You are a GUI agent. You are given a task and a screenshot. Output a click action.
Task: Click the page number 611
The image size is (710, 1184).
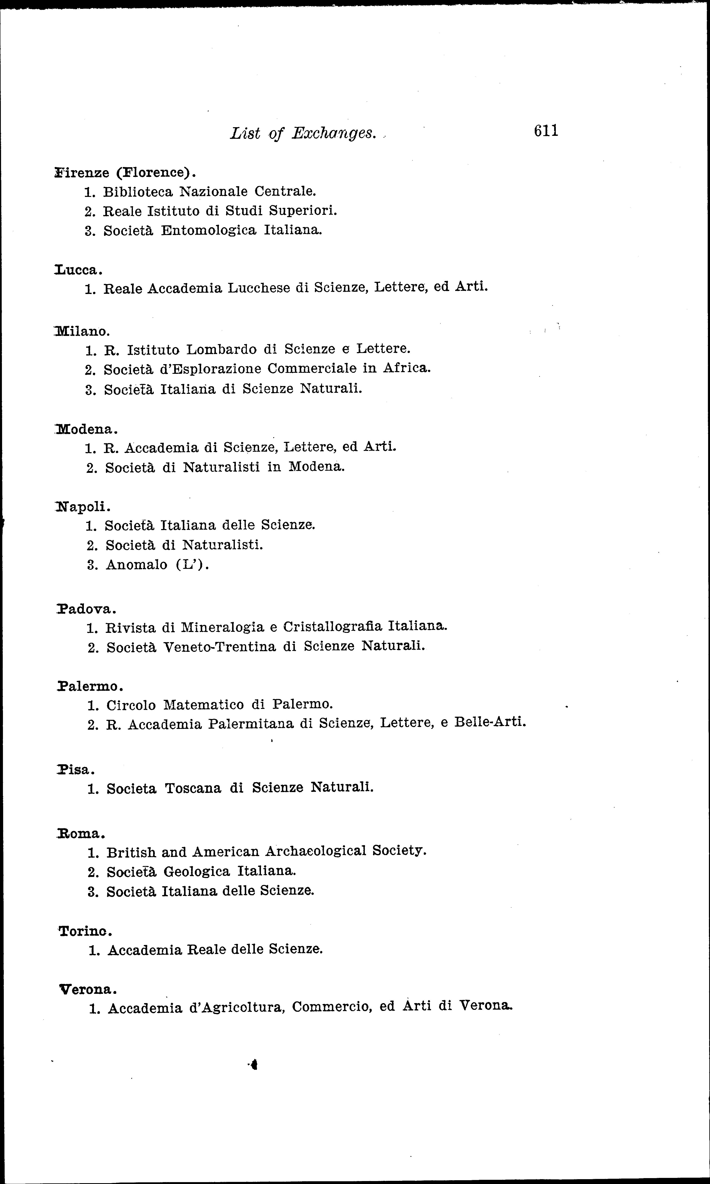click(546, 131)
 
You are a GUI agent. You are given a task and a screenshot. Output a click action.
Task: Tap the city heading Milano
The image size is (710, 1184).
click(82, 331)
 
